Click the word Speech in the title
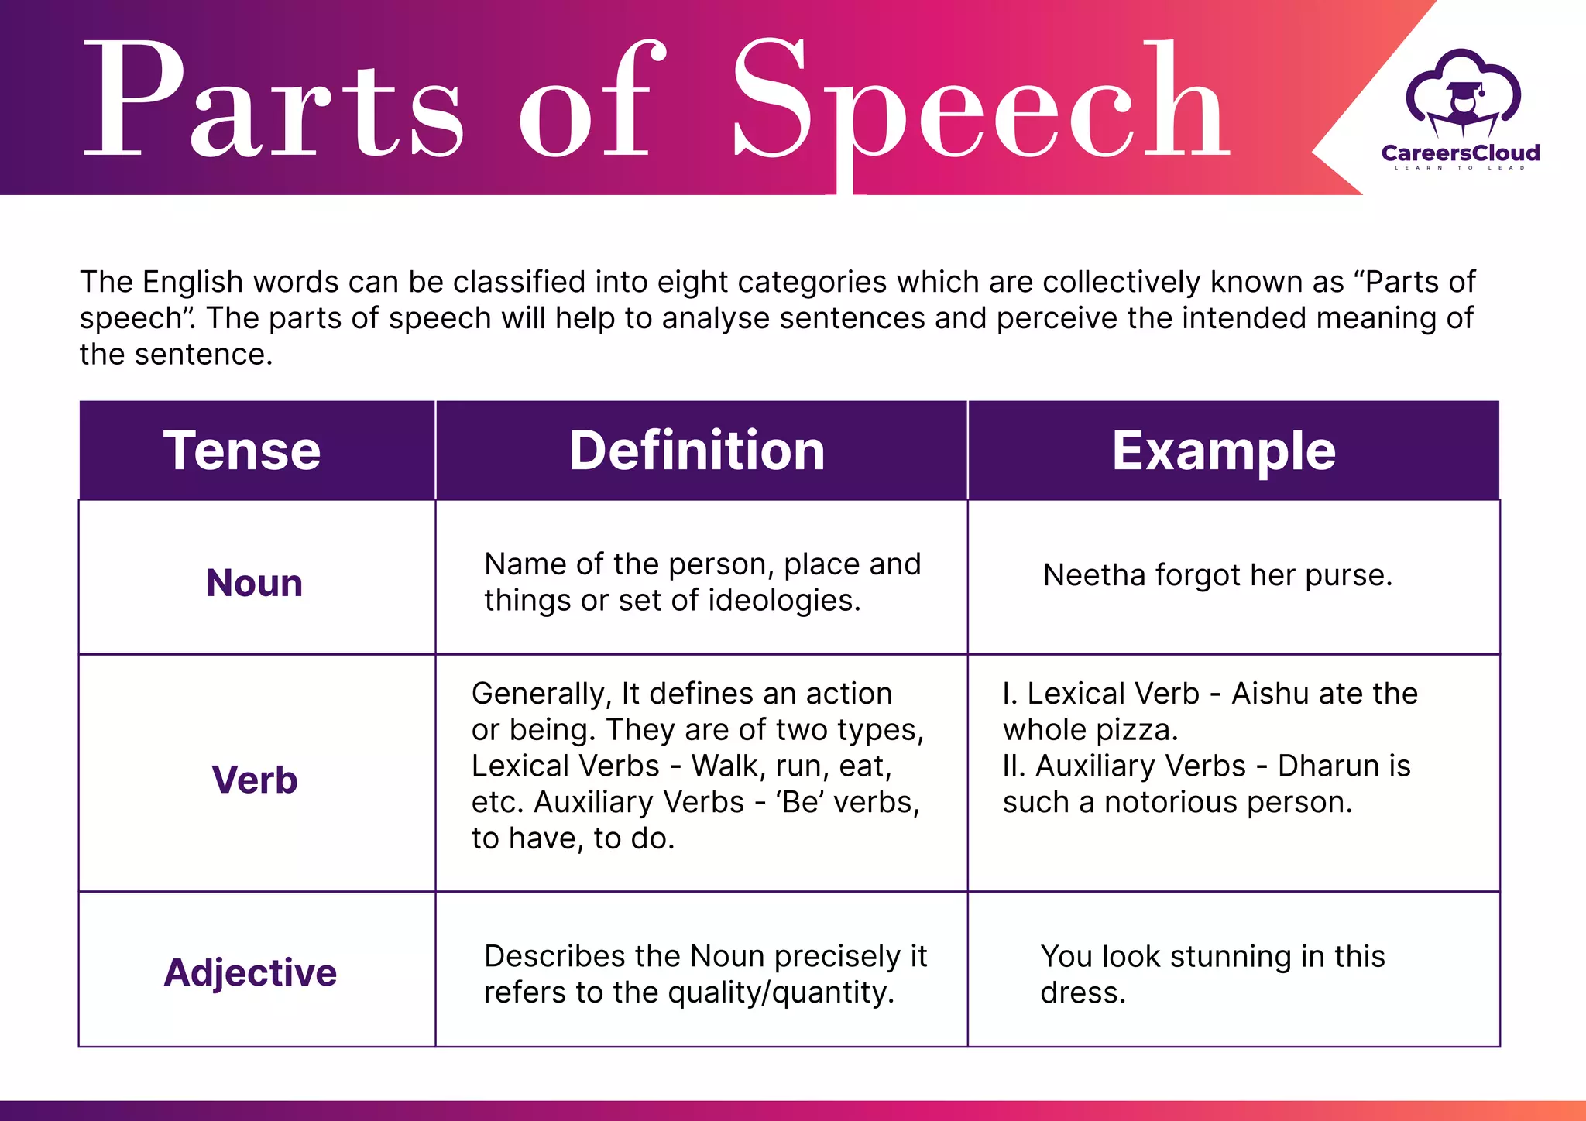tap(980, 101)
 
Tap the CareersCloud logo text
tap(1461, 153)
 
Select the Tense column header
tap(242, 451)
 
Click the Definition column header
tap(697, 451)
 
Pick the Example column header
tap(1224, 451)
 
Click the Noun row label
tap(254, 583)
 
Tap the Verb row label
tap(254, 780)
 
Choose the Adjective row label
tap(250, 972)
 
